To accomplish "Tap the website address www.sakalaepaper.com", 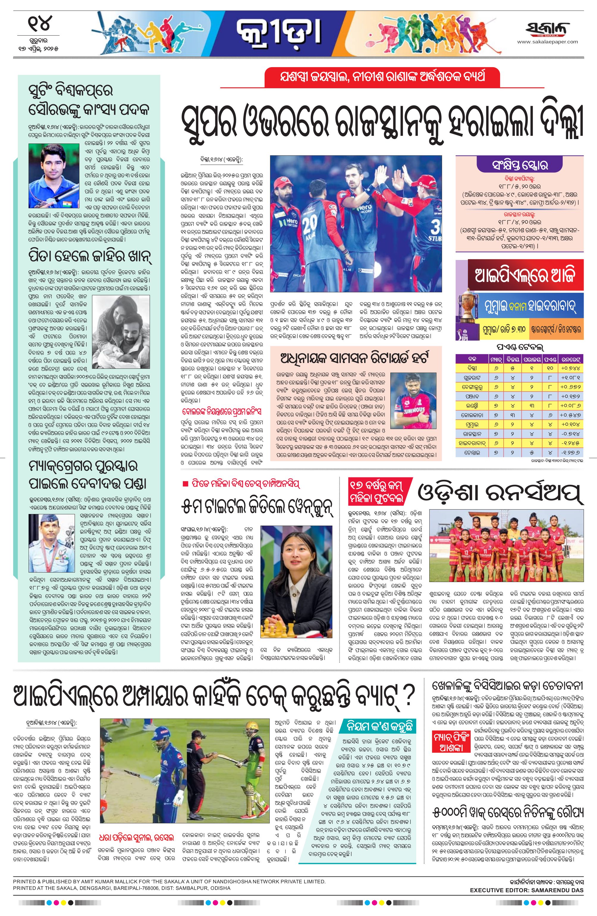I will coord(547,42).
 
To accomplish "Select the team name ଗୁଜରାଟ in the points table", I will coord(472,378).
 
